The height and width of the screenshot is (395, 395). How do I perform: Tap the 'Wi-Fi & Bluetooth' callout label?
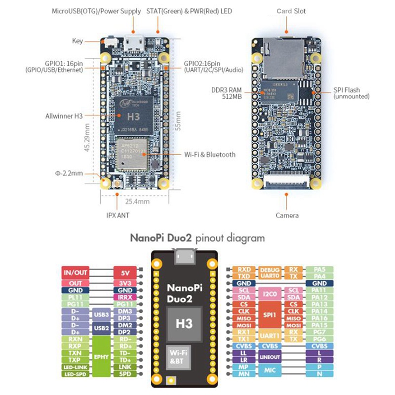(x=209, y=155)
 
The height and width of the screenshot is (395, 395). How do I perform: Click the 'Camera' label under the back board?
(x=287, y=215)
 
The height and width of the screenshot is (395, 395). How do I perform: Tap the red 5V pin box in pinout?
(x=124, y=273)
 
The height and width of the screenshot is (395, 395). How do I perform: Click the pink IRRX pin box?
(x=124, y=298)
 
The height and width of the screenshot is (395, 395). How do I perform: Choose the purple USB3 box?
(x=101, y=315)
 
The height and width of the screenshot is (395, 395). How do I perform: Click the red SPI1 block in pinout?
(x=269, y=315)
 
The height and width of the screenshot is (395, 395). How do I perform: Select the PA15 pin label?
(x=320, y=325)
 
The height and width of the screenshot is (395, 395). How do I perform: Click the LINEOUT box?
(x=270, y=356)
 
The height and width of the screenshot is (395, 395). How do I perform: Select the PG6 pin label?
(x=320, y=339)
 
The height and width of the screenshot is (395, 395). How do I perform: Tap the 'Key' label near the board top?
(x=78, y=41)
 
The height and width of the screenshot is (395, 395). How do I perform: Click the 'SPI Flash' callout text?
(x=346, y=90)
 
